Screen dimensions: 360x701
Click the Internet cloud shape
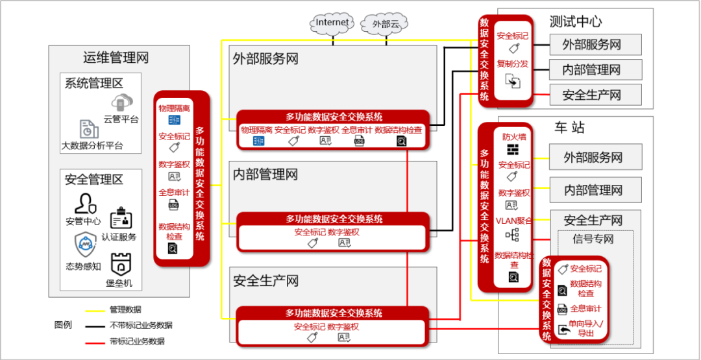point(332,23)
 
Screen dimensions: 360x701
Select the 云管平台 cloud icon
point(121,102)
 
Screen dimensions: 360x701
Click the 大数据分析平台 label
point(92,145)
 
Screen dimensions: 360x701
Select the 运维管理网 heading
point(116,58)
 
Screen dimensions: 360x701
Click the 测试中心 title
point(576,21)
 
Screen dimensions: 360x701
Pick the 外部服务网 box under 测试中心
point(591,45)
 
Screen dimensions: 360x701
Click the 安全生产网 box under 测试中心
point(591,95)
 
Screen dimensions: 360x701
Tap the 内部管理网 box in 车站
point(593,190)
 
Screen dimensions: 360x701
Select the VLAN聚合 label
point(513,221)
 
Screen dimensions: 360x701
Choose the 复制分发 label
point(513,64)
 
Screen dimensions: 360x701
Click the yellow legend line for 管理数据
point(95,310)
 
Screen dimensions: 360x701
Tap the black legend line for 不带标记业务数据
point(95,326)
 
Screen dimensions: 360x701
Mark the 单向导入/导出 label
point(586,328)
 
